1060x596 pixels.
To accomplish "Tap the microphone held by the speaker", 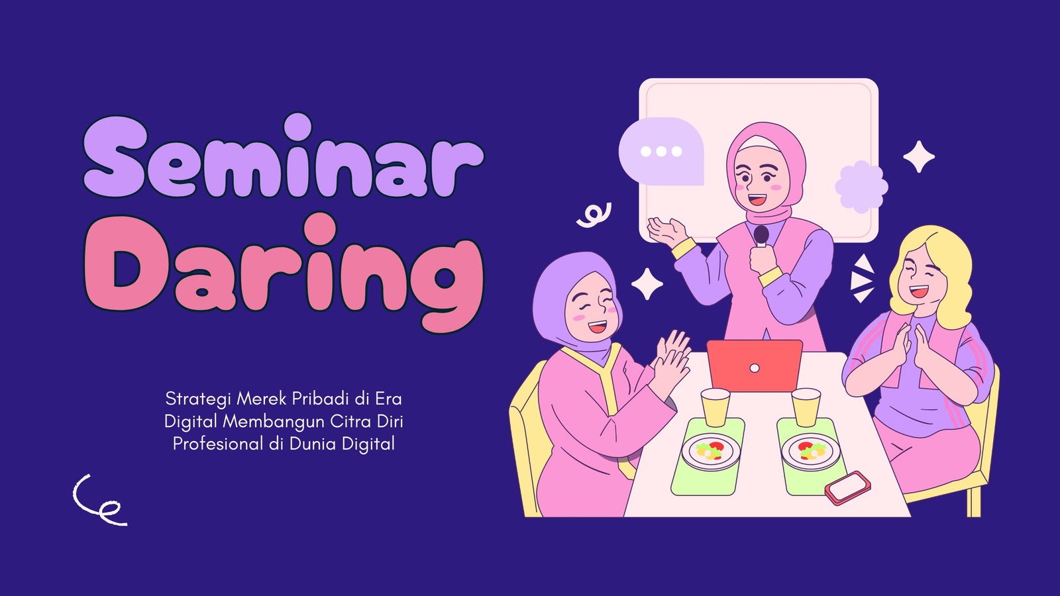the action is pyautogui.click(x=761, y=236).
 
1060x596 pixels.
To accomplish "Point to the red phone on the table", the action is pyautogui.click(x=847, y=487).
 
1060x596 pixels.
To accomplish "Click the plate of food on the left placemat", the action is pyautogui.click(x=710, y=452).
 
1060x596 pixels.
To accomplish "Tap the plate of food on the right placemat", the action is pyautogui.click(x=811, y=452).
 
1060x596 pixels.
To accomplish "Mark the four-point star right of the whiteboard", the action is pyautogui.click(x=919, y=156).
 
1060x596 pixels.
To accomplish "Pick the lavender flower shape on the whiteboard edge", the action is pyautogui.click(x=861, y=187).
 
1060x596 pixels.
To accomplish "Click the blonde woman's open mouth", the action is pyautogui.click(x=918, y=291).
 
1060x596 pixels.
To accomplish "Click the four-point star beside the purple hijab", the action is pyautogui.click(x=647, y=284).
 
